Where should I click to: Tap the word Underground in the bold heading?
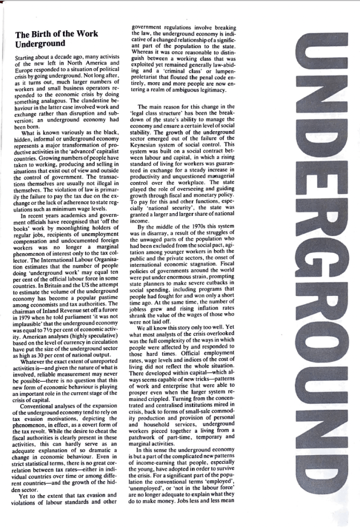click(x=39, y=44)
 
